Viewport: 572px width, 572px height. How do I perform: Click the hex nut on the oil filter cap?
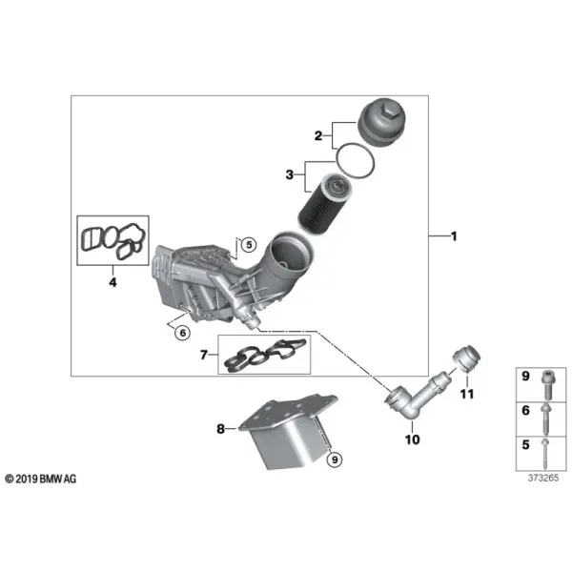point(389,109)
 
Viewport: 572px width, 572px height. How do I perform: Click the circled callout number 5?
point(249,244)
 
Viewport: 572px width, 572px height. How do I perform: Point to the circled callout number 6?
point(182,333)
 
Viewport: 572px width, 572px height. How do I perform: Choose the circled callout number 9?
point(335,460)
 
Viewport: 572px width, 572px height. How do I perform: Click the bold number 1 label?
point(454,236)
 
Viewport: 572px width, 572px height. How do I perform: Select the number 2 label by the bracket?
point(318,136)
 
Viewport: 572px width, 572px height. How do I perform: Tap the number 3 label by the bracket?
point(289,174)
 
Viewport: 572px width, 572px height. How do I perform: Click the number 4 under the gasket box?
point(113,282)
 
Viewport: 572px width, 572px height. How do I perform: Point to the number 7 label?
point(204,355)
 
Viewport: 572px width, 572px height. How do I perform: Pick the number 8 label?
point(221,429)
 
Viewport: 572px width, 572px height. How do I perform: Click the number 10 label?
point(412,439)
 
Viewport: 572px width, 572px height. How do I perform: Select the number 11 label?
point(467,394)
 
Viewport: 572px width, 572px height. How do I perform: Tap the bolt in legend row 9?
point(547,385)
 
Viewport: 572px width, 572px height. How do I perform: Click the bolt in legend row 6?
point(544,419)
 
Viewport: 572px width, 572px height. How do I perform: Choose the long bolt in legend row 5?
point(544,454)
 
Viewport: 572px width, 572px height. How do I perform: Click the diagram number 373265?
point(543,478)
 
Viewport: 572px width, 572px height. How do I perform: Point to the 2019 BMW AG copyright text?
point(41,479)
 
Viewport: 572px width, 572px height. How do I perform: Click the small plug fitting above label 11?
point(466,358)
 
